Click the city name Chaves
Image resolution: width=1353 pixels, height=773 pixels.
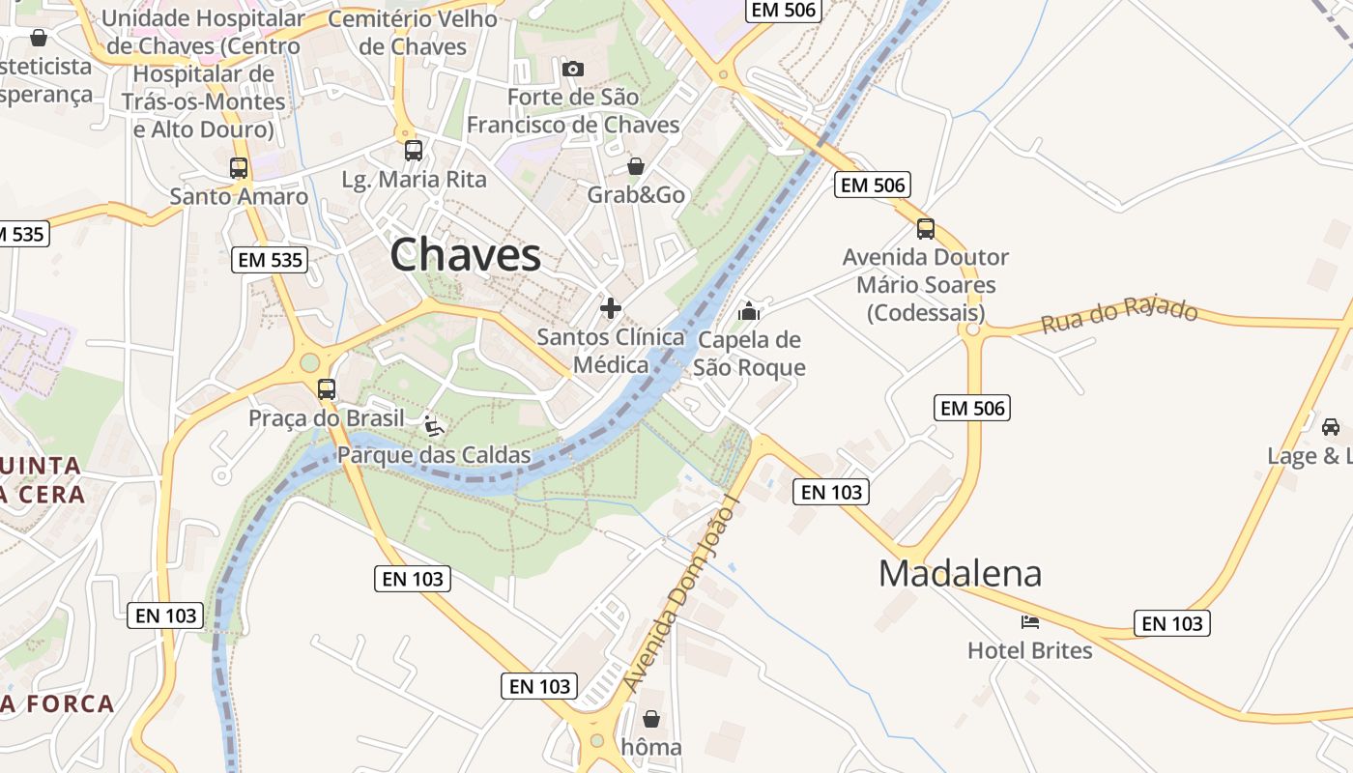pos(465,255)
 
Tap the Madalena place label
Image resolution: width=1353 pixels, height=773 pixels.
pos(960,573)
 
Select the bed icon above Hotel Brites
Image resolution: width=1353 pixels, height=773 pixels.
pos(1030,621)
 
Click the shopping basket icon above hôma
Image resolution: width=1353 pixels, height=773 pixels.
pos(651,719)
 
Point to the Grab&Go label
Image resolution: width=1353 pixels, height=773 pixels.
pos(636,195)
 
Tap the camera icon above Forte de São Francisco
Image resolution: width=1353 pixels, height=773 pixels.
pos(573,69)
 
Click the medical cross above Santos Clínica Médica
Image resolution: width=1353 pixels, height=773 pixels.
pos(611,308)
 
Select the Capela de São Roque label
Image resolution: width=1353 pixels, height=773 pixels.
pos(749,354)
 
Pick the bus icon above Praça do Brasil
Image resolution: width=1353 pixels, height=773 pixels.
pos(327,389)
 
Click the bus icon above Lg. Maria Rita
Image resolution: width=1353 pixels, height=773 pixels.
pos(414,150)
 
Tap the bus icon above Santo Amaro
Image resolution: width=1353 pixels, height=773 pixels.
pos(239,167)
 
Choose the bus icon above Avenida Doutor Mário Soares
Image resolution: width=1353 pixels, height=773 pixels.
pos(926,229)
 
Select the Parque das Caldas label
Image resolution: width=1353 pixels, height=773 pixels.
pos(434,455)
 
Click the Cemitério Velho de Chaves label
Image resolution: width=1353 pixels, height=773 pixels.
pos(413,33)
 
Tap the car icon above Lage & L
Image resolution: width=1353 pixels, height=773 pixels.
pos(1331,426)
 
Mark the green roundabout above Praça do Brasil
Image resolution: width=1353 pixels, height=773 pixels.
pos(309,362)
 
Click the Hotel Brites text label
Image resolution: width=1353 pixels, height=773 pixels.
pos(1030,650)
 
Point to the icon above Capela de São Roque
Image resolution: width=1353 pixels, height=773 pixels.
pos(749,311)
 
